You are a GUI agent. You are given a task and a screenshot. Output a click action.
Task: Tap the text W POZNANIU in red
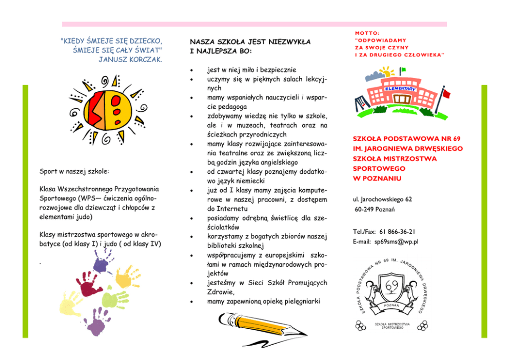click(x=377, y=178)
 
